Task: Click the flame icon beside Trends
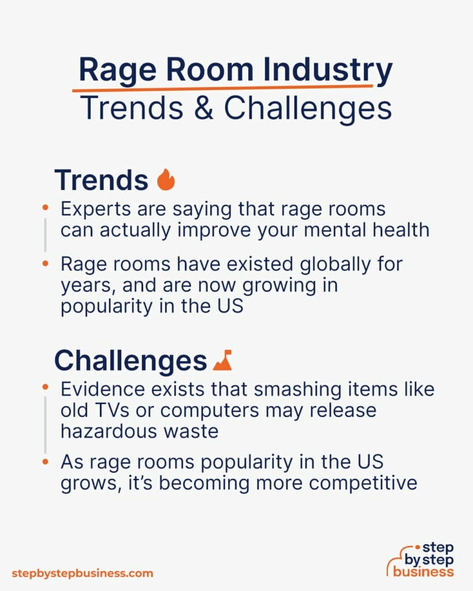point(166,180)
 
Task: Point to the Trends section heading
point(101,180)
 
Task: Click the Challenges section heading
point(131,361)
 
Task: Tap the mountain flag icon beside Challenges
point(222,360)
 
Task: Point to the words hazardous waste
point(140,431)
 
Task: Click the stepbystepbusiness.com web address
point(83,573)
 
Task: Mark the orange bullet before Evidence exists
point(46,390)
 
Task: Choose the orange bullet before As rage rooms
point(46,462)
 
